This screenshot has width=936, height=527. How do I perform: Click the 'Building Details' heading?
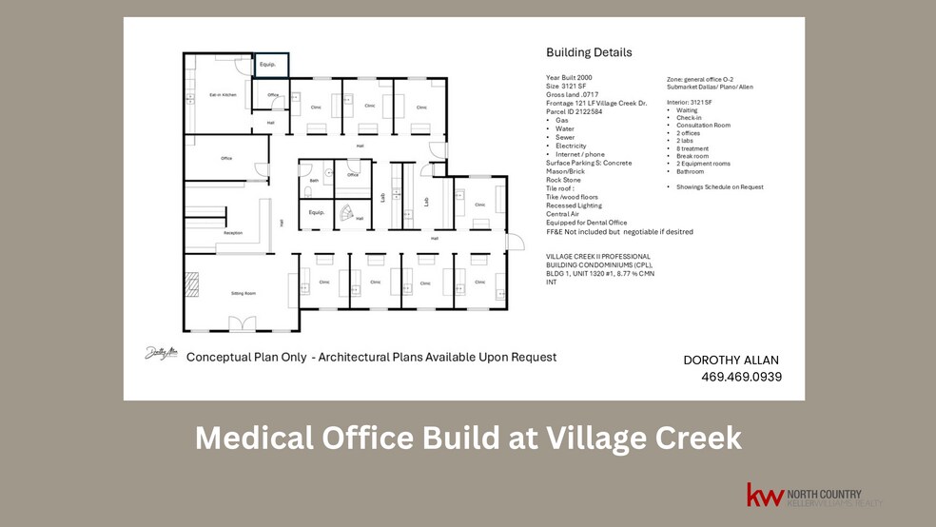tap(589, 52)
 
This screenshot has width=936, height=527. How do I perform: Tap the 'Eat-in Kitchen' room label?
tap(223, 94)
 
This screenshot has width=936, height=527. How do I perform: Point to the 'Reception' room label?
tap(232, 233)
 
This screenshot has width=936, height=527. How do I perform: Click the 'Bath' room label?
tap(314, 179)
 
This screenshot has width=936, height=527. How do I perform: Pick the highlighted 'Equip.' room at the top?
tap(269, 65)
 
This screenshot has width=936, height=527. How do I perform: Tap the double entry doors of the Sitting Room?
tap(242, 324)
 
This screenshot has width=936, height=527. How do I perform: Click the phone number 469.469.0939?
tap(741, 377)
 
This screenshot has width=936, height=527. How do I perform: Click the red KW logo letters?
tap(764, 496)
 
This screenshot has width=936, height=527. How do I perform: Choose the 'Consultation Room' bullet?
tap(703, 126)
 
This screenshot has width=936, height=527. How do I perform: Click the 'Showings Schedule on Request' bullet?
tap(719, 187)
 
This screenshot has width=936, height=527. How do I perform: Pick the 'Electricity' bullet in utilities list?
tap(571, 146)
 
